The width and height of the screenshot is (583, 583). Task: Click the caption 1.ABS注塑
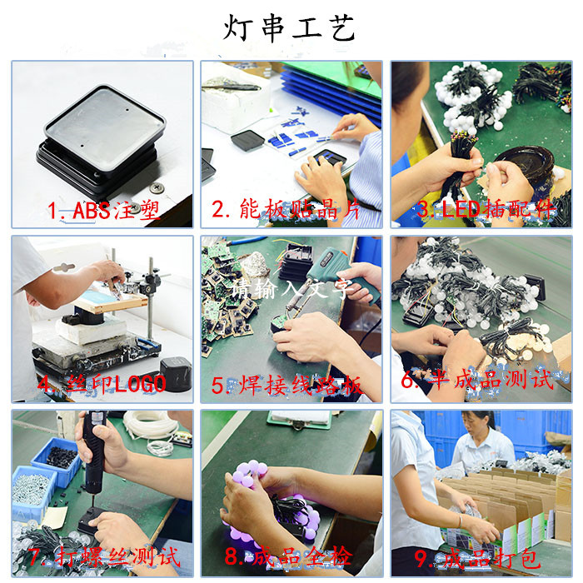103,210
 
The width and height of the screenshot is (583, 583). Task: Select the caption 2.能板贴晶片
287,210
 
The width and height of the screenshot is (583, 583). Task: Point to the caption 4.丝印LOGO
102,384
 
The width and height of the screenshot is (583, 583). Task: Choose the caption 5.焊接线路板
287,385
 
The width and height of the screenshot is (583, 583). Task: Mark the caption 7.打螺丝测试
103,556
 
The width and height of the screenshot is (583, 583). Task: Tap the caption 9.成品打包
474,556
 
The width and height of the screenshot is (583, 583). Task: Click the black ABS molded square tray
100,133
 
